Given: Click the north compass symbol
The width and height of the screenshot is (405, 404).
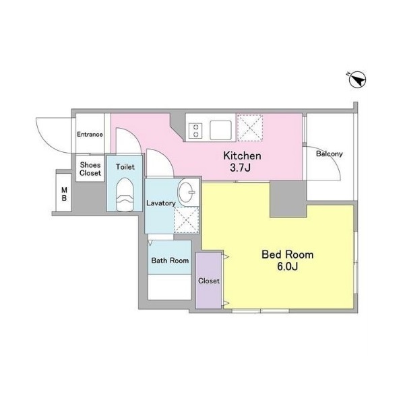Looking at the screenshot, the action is (357, 79).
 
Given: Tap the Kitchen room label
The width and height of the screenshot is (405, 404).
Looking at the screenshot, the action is (242, 156).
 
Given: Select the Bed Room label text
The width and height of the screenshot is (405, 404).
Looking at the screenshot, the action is (288, 255).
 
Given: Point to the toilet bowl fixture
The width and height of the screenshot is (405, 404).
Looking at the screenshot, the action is (125, 195).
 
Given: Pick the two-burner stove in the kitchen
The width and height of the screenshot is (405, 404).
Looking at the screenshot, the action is (195, 131).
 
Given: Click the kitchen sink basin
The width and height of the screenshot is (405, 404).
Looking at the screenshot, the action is (220, 130).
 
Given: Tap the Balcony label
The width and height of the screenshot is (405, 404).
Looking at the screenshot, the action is (330, 154).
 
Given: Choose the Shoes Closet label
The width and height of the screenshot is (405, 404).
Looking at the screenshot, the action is (90, 169).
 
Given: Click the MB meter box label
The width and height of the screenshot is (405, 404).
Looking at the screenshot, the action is (64, 194).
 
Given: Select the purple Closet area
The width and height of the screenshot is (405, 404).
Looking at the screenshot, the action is (209, 280).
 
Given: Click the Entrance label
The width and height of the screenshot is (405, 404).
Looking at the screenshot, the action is (90, 135).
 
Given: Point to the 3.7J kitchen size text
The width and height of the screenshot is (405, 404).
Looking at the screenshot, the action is (240, 168).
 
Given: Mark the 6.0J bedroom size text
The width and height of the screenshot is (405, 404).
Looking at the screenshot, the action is (288, 267).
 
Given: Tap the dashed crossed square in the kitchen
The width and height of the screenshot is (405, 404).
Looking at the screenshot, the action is (250, 128).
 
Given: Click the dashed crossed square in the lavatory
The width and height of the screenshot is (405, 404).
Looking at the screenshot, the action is (187, 220).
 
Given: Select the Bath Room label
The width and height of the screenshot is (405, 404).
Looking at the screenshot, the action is (170, 261).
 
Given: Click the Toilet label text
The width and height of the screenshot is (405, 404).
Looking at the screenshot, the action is (125, 167).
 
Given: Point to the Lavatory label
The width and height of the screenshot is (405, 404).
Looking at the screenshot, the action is (161, 203).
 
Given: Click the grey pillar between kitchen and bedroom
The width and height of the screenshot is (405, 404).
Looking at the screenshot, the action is (288, 199).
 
